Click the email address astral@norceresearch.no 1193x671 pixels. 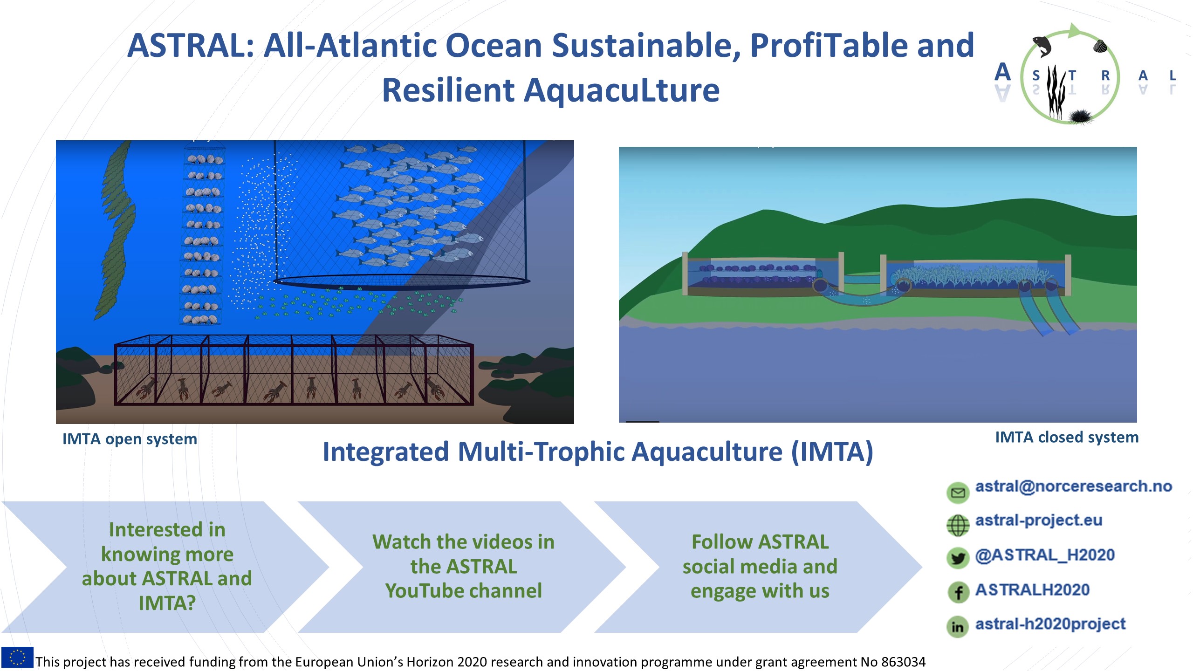click(1073, 486)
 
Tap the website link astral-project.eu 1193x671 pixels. click(1039, 520)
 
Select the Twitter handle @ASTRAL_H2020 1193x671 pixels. click(1045, 555)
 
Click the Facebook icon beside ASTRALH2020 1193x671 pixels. click(958, 592)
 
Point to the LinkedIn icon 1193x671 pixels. click(958, 627)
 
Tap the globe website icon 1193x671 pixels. click(958, 526)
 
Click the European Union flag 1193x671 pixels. click(17, 657)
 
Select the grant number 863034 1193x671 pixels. click(903, 662)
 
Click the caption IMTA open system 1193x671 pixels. click(130, 439)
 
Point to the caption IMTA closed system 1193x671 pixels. click(1067, 437)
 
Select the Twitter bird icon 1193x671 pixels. click(958, 558)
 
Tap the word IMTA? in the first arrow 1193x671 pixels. click(167, 603)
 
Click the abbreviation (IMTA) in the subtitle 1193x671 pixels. click(832, 452)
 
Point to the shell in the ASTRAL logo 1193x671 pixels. click(1100, 46)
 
